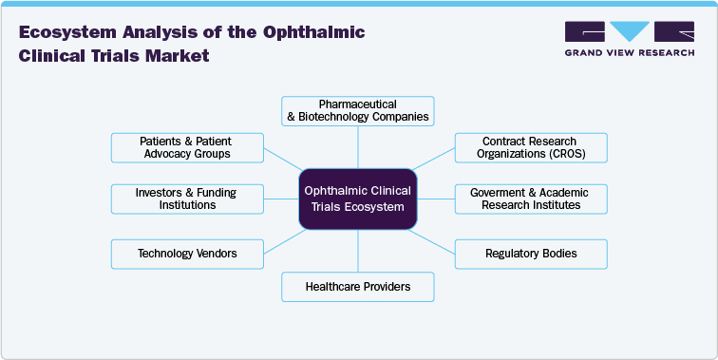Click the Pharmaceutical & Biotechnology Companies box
pos(358,111)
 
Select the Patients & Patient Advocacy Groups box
pos(186,147)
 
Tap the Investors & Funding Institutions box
pos(186,199)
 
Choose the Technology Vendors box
pos(186,254)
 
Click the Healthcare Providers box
pos(358,286)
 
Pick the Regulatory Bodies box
pos(530,254)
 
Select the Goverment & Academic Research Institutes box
pos(530,199)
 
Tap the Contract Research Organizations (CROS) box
pos(530,147)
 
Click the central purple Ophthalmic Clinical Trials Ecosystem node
pos(358,199)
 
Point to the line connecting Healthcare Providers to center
pos(358,251)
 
